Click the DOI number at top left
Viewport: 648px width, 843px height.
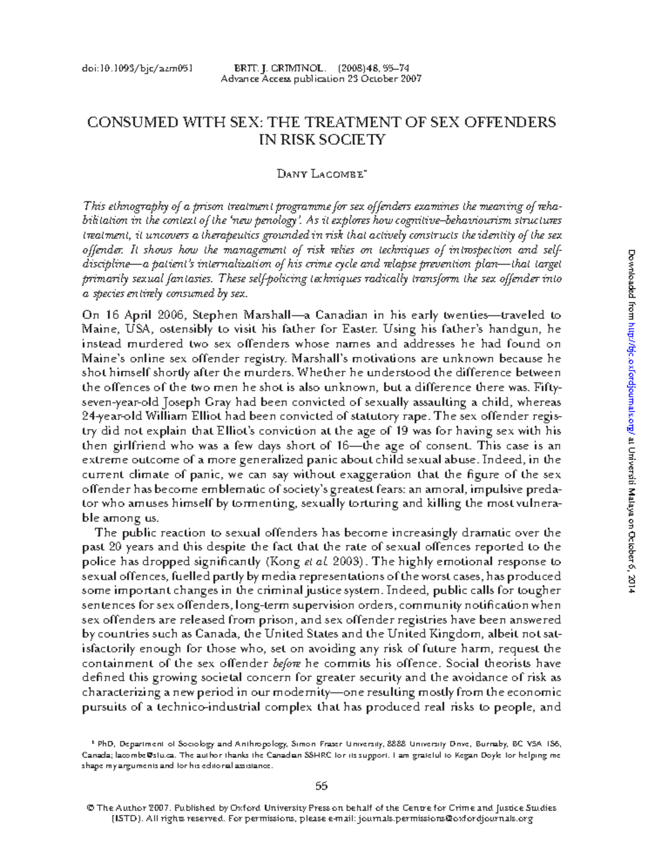point(137,69)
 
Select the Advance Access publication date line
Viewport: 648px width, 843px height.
point(321,79)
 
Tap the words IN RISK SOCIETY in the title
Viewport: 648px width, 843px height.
point(322,140)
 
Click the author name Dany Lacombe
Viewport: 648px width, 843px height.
point(322,174)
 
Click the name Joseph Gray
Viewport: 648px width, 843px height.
point(188,402)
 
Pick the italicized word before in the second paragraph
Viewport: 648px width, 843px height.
point(292,663)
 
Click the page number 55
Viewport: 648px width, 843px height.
point(322,786)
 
